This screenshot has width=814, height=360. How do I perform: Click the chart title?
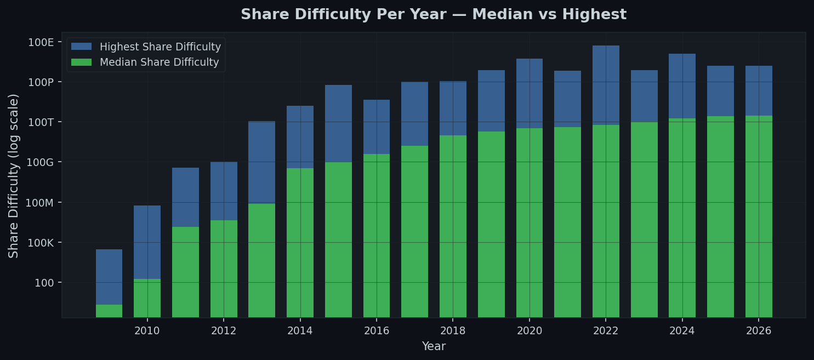coord(433,15)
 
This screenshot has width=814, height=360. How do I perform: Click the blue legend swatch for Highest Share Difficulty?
coord(82,47)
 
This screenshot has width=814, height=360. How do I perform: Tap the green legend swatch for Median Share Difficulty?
coord(82,62)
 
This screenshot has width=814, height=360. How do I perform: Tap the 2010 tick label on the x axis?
coord(147,331)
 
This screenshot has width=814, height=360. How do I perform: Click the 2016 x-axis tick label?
coord(377,331)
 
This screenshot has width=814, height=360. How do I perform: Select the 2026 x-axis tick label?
coord(759,331)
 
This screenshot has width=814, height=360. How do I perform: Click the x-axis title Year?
coord(434,347)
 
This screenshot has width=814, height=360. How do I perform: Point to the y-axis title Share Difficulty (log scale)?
coord(14,175)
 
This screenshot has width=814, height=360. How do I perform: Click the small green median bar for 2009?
coord(109,311)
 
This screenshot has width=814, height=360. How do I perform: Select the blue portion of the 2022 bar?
coord(606,85)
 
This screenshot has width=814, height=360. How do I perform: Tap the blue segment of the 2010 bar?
coord(147,242)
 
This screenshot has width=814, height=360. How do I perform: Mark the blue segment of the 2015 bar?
coord(338,123)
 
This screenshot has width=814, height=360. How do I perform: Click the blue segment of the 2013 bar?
coord(261,162)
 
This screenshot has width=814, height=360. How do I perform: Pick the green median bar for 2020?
coord(530,222)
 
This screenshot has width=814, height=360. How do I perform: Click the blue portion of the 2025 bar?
coord(720,91)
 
